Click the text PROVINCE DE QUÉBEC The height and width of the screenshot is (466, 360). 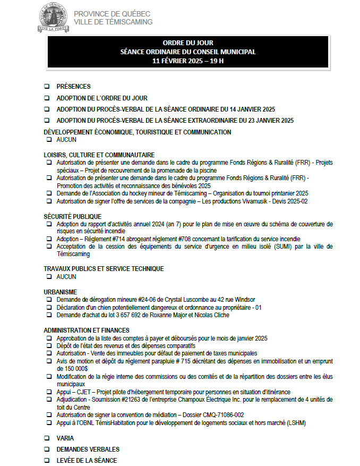pos(112,14)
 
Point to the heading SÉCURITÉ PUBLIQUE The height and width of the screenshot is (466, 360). pos(72,216)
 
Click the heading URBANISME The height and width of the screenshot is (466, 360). pos(60,292)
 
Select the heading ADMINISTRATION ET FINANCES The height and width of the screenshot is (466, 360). pos(87,330)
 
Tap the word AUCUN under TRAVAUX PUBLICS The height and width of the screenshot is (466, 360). pos(66,276)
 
